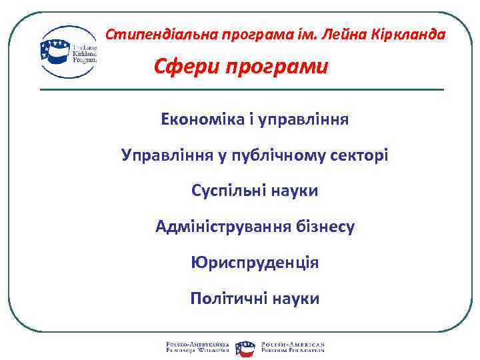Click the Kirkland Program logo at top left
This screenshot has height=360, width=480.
(x=69, y=52)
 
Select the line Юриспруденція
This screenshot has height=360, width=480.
(x=254, y=263)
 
